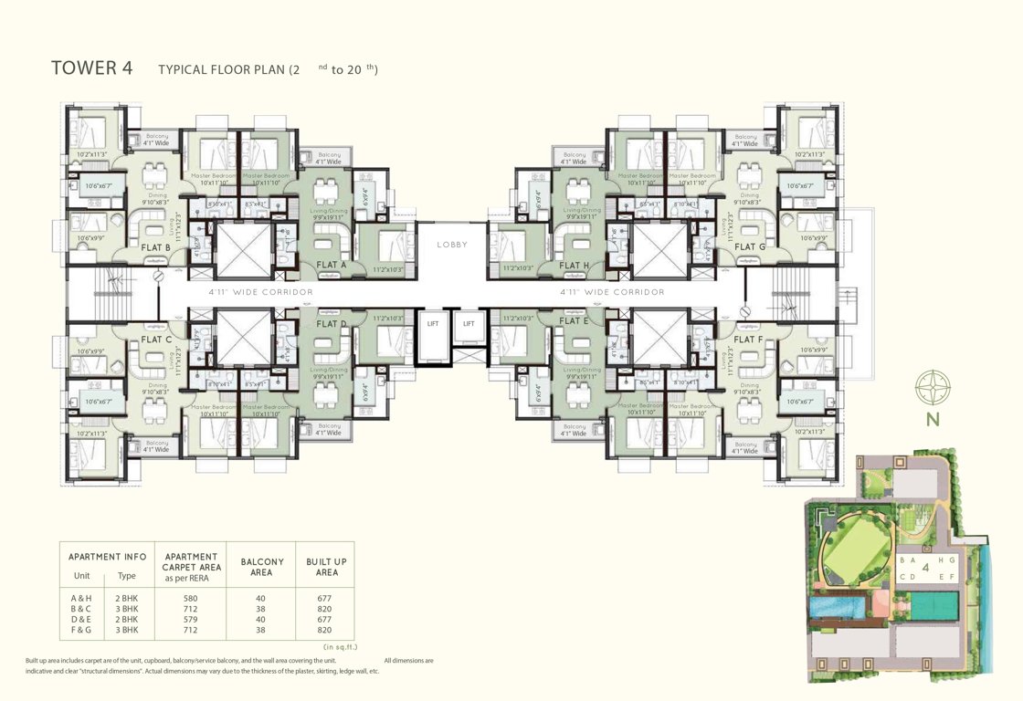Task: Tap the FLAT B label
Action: coord(157,247)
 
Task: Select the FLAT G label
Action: coord(750,247)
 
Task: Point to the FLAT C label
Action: coord(157,340)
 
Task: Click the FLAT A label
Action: coord(331,266)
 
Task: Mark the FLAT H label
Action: coord(574,266)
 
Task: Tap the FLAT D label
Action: coord(331,323)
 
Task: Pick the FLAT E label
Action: coord(574,321)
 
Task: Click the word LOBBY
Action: coord(452,245)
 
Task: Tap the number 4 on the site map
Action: coord(925,568)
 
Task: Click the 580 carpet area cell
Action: coord(190,599)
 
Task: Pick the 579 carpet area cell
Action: coord(190,620)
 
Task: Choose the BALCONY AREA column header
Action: coord(261,567)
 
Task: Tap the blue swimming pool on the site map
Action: coord(836,606)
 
